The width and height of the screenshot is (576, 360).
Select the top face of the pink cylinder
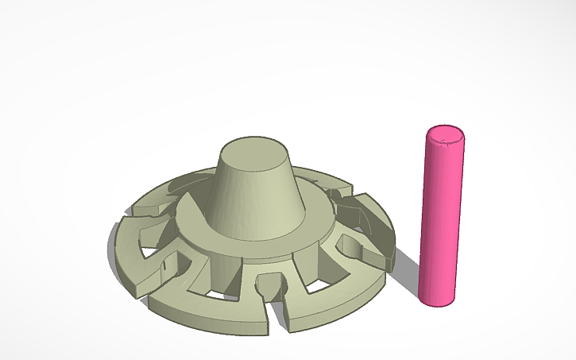tap(444, 137)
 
